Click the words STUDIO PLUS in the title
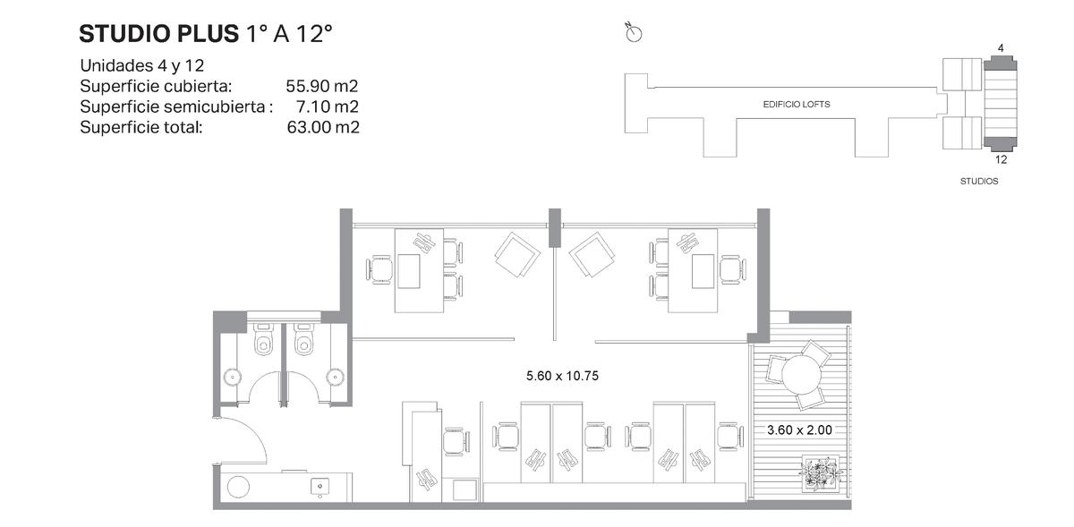pyautogui.click(x=158, y=34)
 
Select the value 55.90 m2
pyautogui.click(x=321, y=86)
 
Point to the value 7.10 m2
pyautogui.click(x=328, y=106)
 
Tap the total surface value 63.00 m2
pyautogui.click(x=323, y=127)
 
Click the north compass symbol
pyautogui.click(x=634, y=32)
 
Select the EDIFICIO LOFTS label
pyautogui.click(x=797, y=104)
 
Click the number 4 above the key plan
pyautogui.click(x=1001, y=48)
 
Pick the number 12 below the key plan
pyautogui.click(x=1001, y=159)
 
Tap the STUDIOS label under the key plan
pyautogui.click(x=979, y=182)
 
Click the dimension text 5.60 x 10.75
pyautogui.click(x=562, y=376)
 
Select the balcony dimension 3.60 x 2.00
pyautogui.click(x=799, y=430)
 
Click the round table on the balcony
pyautogui.click(x=801, y=375)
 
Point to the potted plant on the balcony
pyautogui.click(x=821, y=472)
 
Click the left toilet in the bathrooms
pyautogui.click(x=263, y=338)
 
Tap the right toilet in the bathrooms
pyautogui.click(x=304, y=338)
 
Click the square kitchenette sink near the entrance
pyautogui.click(x=320, y=487)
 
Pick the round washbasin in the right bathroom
pyautogui.click(x=335, y=378)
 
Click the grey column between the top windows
pyautogui.click(x=555, y=228)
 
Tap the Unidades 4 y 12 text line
pyautogui.click(x=142, y=65)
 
